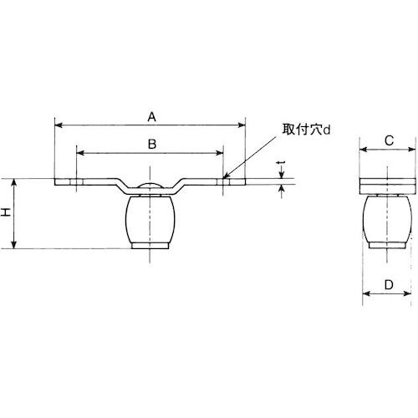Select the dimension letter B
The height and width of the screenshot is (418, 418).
pyautogui.click(x=150, y=144)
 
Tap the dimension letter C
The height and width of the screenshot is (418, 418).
pyautogui.click(x=388, y=140)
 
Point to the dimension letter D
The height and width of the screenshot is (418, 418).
pyautogui.click(x=388, y=285)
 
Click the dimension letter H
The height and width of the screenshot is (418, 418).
pyautogui.click(x=7, y=213)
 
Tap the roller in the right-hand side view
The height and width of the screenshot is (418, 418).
pyautogui.click(x=388, y=219)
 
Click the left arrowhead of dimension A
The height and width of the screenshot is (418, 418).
pyautogui.click(x=57, y=125)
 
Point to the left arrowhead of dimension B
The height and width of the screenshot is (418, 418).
pyautogui.click(x=79, y=153)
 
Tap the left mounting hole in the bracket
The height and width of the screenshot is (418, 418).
pyautogui.click(x=76, y=181)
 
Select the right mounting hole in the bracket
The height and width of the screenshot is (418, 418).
pyautogui.click(x=224, y=181)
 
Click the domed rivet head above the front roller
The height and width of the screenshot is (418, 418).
pyautogui.click(x=150, y=187)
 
